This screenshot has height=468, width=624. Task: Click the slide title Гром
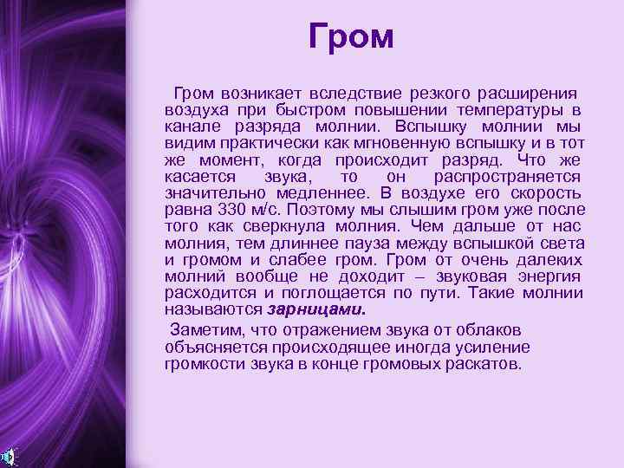click(x=351, y=36)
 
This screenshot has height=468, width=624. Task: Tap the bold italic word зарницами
click(x=315, y=309)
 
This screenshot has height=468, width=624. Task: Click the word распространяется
click(x=508, y=177)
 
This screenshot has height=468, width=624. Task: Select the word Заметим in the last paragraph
click(x=208, y=330)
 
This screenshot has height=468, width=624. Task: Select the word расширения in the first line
click(x=530, y=93)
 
